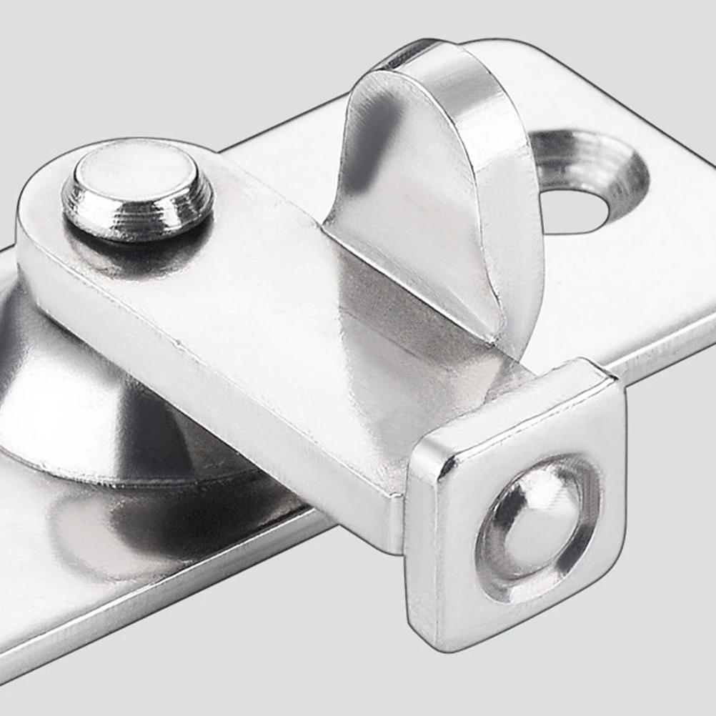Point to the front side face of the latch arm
(214, 400)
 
